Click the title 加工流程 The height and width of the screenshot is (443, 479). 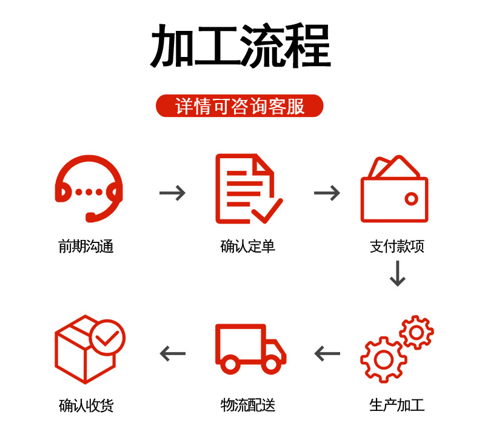pyautogui.click(x=240, y=47)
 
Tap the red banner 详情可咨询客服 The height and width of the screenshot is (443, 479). pyautogui.click(x=239, y=106)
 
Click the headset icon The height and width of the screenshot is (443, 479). pyautogui.click(x=89, y=188)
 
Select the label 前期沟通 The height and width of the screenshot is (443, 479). pyautogui.click(x=86, y=246)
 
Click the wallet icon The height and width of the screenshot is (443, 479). pyautogui.click(x=394, y=191)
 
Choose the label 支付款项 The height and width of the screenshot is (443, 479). pyautogui.click(x=397, y=246)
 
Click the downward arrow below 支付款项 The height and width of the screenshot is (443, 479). pyautogui.click(x=397, y=273)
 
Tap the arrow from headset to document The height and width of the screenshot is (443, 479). pyautogui.click(x=172, y=193)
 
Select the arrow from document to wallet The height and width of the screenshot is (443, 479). pyautogui.click(x=327, y=193)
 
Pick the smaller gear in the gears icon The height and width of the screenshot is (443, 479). pyautogui.click(x=417, y=332)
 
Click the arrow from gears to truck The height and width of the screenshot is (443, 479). pyautogui.click(x=327, y=353)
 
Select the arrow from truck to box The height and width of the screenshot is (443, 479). pyautogui.click(x=172, y=353)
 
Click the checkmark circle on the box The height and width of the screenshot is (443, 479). pyautogui.click(x=107, y=337)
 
